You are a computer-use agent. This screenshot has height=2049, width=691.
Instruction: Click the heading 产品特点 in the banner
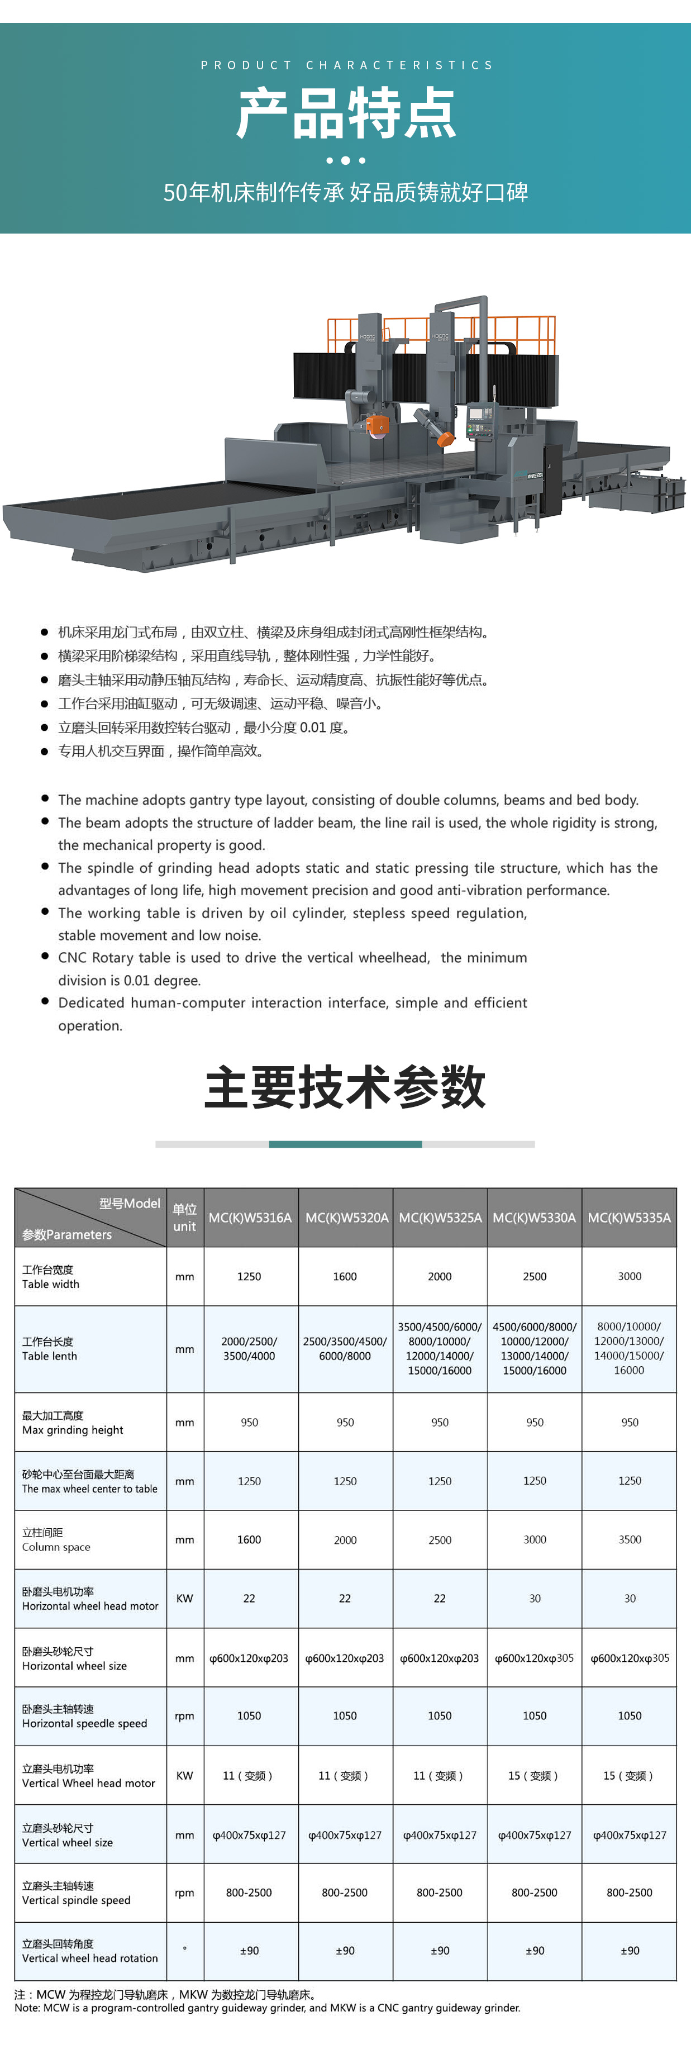pos(346,114)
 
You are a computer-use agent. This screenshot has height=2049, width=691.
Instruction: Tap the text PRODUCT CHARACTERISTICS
pos(346,65)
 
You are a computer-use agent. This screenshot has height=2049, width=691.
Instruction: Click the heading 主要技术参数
pos(345,1087)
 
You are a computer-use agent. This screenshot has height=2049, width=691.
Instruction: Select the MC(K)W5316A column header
pos(250,1218)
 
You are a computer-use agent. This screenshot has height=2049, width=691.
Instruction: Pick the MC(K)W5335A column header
pos(629,1218)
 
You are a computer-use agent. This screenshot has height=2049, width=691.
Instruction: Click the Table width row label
pos(51,1277)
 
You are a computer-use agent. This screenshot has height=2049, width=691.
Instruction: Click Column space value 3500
pos(630,1540)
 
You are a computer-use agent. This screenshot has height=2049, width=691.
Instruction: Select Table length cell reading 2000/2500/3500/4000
pos(250,1349)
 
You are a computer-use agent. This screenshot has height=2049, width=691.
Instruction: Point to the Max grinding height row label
pos(73,1422)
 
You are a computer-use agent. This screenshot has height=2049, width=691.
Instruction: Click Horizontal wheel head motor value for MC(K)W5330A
pos(535,1598)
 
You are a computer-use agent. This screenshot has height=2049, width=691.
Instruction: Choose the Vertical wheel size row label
pos(68,1835)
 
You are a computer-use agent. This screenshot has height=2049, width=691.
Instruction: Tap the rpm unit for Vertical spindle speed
pos(184,1893)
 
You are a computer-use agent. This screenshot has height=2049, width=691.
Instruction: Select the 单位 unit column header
pos(184,1218)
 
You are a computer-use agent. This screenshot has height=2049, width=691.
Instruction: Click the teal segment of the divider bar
pos(345,1144)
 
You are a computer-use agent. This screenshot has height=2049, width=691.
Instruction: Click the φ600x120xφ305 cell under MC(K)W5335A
pos(630,1658)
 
